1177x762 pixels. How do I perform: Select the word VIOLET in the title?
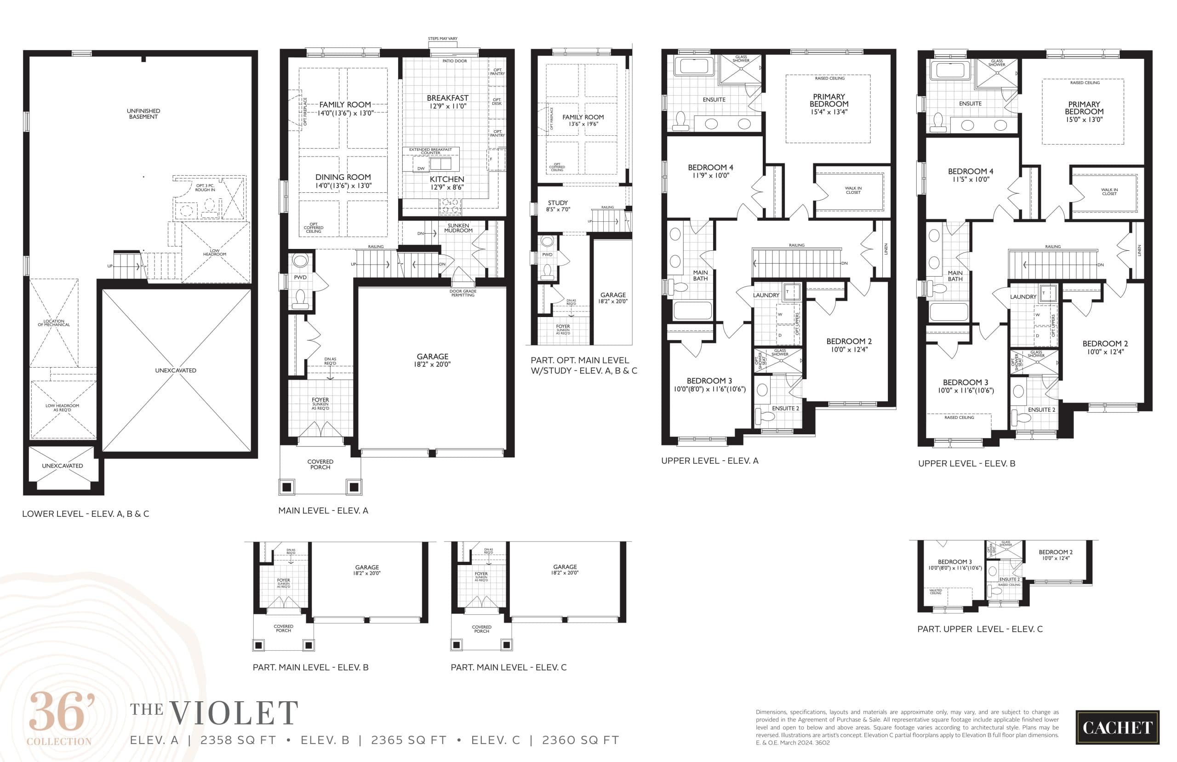tap(234, 713)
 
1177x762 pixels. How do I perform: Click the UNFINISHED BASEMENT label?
tap(143, 114)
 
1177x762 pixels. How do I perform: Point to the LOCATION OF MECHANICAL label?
tap(54, 323)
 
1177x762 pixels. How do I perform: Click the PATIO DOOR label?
tap(454, 61)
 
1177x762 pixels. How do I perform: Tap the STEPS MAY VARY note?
tap(442, 39)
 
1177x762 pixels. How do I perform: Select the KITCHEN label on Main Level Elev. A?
tap(447, 179)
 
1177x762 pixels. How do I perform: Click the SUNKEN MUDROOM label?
tap(458, 228)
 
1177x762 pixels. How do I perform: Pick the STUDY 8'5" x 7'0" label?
tap(558, 206)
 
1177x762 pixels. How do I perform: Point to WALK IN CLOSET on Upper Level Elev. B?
tap(1109, 191)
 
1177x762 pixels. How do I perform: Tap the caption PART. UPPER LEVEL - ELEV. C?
tap(980, 629)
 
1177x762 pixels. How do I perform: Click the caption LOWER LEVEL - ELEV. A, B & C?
tap(85, 514)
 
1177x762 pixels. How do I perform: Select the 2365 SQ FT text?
tap(408, 740)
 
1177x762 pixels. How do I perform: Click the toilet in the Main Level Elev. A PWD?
tap(300, 298)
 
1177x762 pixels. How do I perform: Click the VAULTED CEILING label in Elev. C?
tap(935, 591)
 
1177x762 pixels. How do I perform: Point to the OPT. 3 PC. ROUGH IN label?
tap(205, 188)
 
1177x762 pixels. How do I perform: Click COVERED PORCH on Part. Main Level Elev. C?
tap(481, 629)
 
